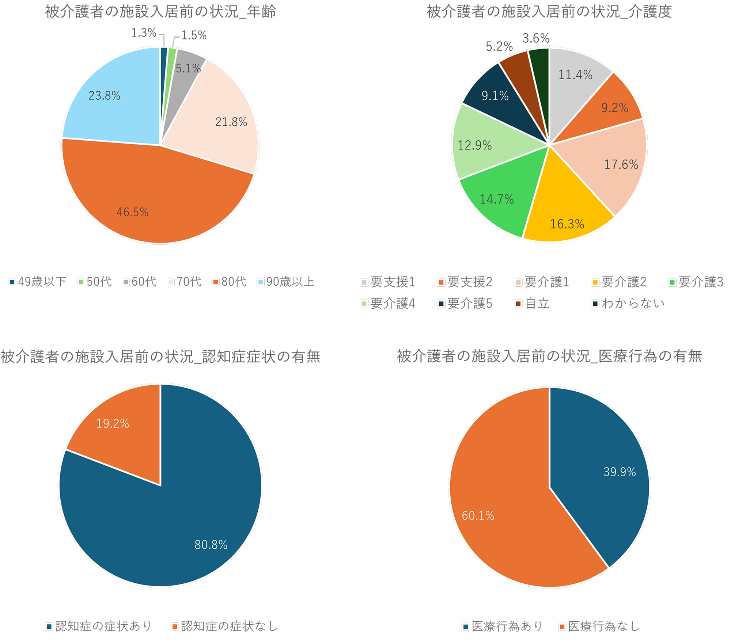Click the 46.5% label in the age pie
[132, 212]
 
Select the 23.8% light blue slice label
[104, 96]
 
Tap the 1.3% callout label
[144, 33]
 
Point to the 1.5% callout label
[194, 35]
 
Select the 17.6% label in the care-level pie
[621, 164]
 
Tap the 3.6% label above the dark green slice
[536, 38]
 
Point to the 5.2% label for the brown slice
[499, 46]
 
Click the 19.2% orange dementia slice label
[113, 424]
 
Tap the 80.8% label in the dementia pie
[211, 545]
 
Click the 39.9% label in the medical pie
[620, 472]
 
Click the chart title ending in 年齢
[160, 12]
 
